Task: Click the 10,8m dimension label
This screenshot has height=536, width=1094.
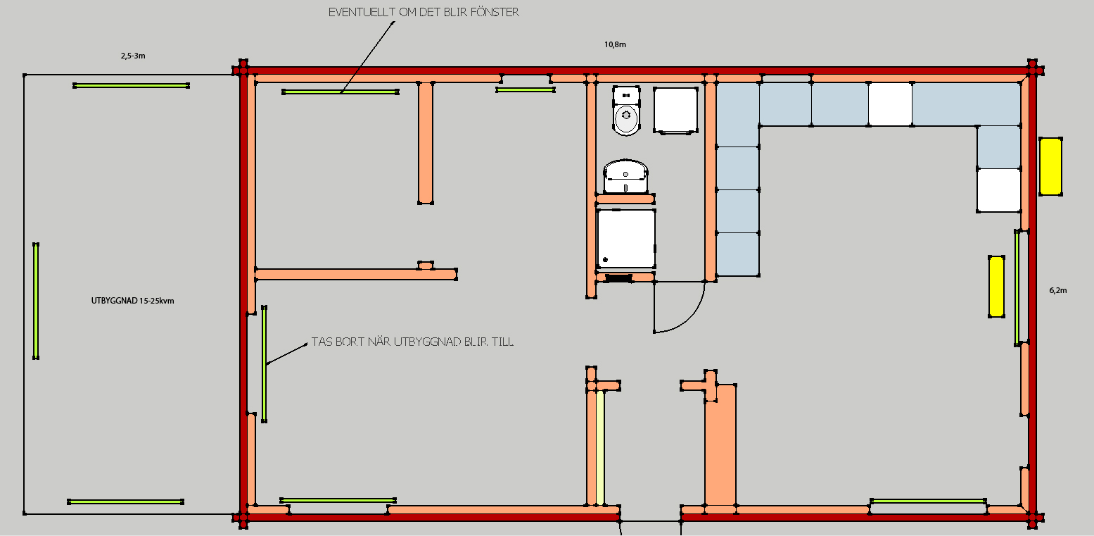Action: [x=615, y=44]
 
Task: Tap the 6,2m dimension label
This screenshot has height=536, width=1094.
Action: [x=1058, y=290]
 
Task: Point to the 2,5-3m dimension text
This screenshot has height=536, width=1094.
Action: [x=133, y=56]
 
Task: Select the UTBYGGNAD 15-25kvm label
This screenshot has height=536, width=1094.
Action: [x=132, y=301]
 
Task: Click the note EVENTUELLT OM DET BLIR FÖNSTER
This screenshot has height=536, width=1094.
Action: [x=424, y=12]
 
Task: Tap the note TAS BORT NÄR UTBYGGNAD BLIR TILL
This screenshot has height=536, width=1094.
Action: [x=413, y=342]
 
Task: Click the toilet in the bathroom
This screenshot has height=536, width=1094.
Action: [x=626, y=111]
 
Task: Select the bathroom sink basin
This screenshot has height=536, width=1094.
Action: [x=625, y=176]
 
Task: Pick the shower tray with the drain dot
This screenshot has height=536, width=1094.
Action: [x=625, y=239]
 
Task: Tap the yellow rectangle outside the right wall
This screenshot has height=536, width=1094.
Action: [x=1050, y=166]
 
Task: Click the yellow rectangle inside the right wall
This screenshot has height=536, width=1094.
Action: [x=996, y=287]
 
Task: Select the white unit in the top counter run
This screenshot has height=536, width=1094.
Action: [x=890, y=104]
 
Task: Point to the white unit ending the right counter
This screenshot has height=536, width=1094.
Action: [x=999, y=190]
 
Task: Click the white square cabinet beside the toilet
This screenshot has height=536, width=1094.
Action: [x=675, y=110]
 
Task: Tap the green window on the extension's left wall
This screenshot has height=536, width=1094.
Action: [x=36, y=301]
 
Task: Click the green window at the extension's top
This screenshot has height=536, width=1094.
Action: [x=131, y=86]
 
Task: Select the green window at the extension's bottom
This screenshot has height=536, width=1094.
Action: [x=125, y=501]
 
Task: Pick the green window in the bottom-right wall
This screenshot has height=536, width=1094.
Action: [x=928, y=501]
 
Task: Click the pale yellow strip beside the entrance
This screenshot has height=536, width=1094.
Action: [x=600, y=447]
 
